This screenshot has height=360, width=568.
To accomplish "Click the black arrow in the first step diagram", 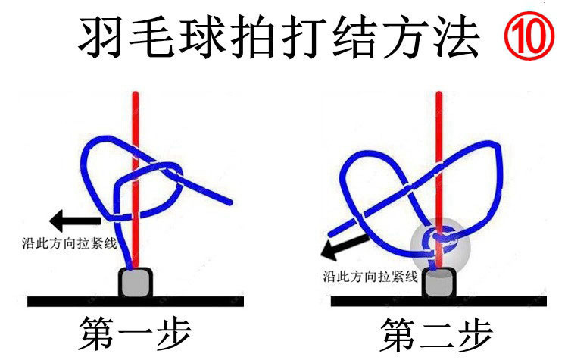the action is pos(73,221).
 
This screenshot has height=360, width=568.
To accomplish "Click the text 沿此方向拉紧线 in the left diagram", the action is pos(70,243).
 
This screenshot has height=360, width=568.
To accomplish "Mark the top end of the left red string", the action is pos(135,95).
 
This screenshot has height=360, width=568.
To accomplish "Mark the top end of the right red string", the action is pos(437,95).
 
